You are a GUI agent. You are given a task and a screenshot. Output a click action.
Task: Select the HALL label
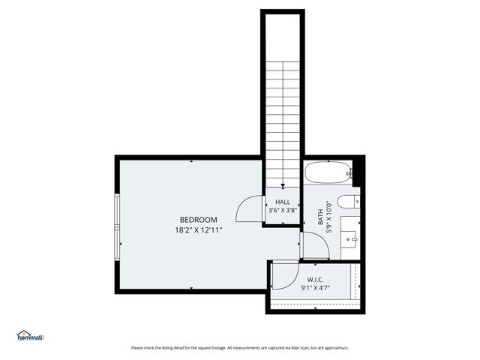click(283, 202)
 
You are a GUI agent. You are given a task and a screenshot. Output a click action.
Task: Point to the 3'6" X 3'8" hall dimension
click(283, 211)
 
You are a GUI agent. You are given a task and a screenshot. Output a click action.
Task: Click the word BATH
click(321, 217)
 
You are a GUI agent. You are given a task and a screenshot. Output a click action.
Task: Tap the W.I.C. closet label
click(314, 279)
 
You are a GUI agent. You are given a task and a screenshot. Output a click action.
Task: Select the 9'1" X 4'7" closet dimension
click(314, 288)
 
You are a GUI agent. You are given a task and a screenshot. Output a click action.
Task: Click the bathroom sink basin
click(350, 239)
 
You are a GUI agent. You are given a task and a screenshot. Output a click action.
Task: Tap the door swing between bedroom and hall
click(247, 211)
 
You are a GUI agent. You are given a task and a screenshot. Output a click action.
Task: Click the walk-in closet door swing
click(282, 278)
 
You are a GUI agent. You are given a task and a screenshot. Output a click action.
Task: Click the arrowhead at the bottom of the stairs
click(282, 187)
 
